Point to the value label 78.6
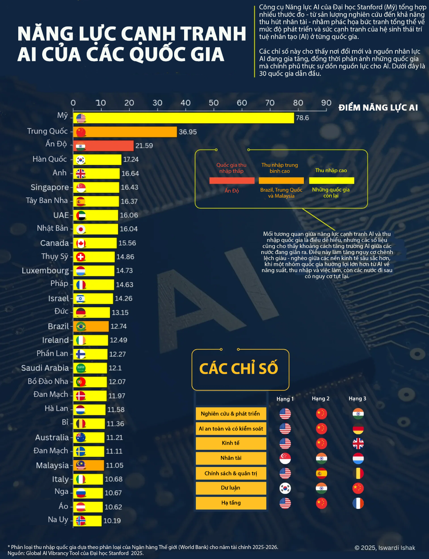[302, 118]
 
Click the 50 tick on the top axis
[214, 103]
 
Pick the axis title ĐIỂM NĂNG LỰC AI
[378, 108]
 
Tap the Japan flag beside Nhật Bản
[81, 229]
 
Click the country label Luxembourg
[45, 271]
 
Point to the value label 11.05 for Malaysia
[114, 465]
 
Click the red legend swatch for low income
[232, 181]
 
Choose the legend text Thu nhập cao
[331, 170]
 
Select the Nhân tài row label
[231, 458]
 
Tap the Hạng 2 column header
[320, 399]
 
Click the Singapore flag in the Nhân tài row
[285, 458]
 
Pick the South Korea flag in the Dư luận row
[285, 488]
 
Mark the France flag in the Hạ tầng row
[358, 503]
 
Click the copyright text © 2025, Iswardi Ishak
[385, 548]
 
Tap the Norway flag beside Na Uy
[81, 521]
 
